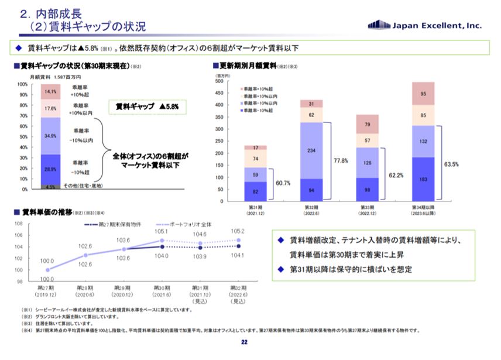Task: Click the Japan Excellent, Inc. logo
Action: [425, 25]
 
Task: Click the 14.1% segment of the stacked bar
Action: [50, 92]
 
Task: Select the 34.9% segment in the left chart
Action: [50, 136]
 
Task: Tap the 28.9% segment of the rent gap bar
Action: [50, 170]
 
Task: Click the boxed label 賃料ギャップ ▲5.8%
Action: [147, 108]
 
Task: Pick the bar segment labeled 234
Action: [312, 150]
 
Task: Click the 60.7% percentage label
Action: [283, 183]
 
